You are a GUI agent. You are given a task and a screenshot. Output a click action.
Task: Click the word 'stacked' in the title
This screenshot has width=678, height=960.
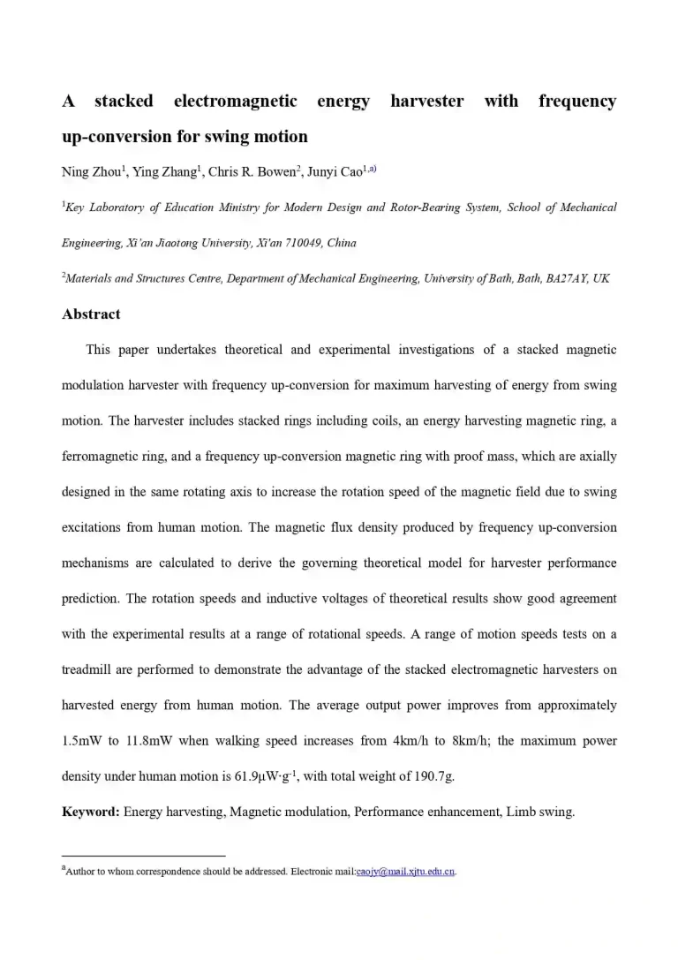(x=124, y=101)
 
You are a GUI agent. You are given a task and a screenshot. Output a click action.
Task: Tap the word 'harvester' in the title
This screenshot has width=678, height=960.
(x=426, y=101)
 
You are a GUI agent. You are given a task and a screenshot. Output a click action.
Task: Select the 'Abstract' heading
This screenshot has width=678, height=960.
(x=91, y=314)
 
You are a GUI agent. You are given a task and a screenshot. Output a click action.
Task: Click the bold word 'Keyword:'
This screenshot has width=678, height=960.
(x=91, y=812)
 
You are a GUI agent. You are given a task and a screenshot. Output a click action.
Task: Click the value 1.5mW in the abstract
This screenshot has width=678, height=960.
(x=82, y=740)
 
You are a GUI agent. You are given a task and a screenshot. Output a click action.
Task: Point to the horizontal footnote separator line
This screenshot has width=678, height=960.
(x=144, y=855)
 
